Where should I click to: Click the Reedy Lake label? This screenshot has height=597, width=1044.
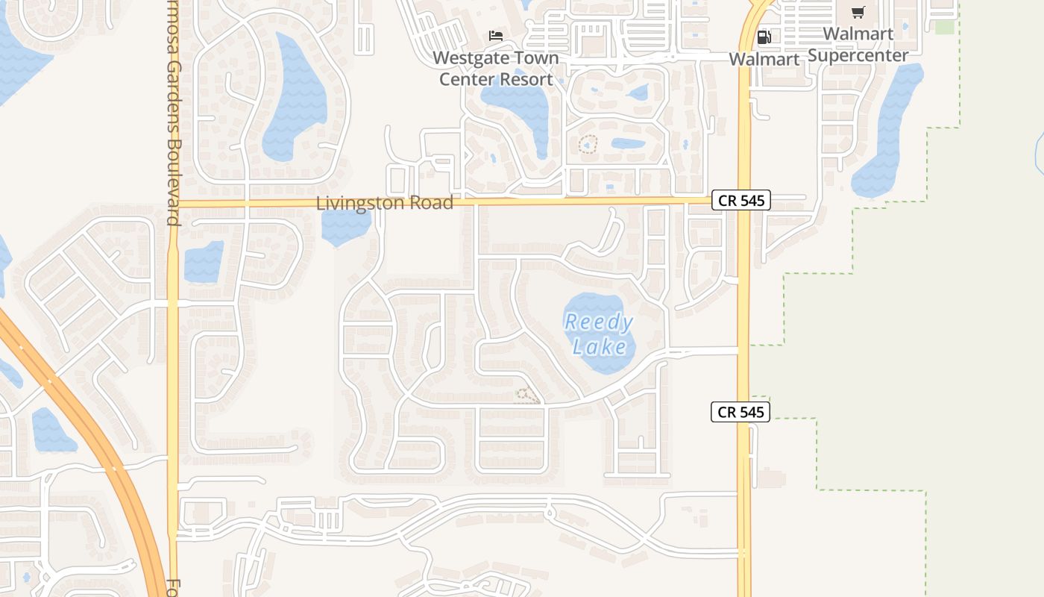click(x=599, y=334)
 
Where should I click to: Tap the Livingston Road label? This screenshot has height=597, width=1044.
click(x=384, y=202)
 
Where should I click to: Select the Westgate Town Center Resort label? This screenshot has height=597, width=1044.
click(x=496, y=68)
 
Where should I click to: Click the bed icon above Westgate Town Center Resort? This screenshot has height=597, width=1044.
click(x=496, y=35)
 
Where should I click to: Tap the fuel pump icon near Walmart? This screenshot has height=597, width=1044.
click(x=764, y=37)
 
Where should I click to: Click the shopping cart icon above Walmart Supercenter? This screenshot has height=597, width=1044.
click(x=858, y=12)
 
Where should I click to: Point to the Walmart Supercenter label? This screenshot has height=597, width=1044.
click(x=858, y=45)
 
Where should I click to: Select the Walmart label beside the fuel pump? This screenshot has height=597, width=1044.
click(x=764, y=59)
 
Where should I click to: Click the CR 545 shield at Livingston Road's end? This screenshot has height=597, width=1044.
click(x=740, y=200)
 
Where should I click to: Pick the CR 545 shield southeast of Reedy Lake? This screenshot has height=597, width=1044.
click(x=740, y=411)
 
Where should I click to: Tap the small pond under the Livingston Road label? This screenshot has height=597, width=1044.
click(x=345, y=228)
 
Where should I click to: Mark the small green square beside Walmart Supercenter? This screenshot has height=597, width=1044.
click(x=944, y=27)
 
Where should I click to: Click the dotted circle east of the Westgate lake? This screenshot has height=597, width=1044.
click(x=588, y=144)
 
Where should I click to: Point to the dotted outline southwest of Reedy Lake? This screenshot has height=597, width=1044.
click(x=527, y=396)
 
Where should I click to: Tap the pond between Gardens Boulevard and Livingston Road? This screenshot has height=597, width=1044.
click(x=204, y=261)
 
